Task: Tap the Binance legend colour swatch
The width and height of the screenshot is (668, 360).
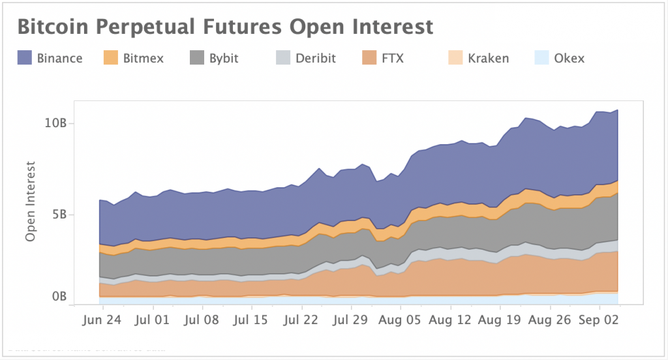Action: (x=25, y=58)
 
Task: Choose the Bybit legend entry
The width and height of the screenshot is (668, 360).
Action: (x=224, y=58)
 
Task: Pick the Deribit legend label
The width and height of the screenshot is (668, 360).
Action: (x=315, y=58)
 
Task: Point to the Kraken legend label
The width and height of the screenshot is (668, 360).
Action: (x=488, y=58)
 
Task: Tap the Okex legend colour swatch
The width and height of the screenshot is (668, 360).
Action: (x=542, y=58)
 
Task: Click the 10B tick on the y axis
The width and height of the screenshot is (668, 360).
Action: (x=55, y=123)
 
